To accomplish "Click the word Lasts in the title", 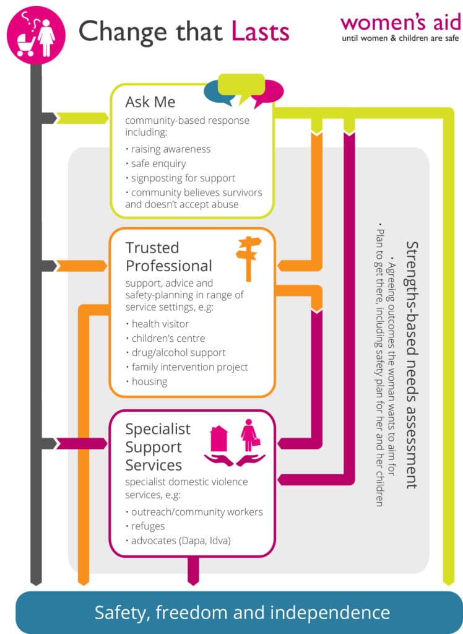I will pos(261,31).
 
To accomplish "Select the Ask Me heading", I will pos(150,102).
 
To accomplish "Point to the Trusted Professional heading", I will pos(168,257).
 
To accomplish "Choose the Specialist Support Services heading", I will pos(158,446).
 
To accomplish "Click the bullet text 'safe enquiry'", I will pos(158,164).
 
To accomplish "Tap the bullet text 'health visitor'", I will pos(160,324).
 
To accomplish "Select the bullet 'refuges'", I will pos(148,526).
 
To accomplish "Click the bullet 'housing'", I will pos(149,381).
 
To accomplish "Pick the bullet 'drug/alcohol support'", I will pos(178,353).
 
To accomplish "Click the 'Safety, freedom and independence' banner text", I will pos(242,613).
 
